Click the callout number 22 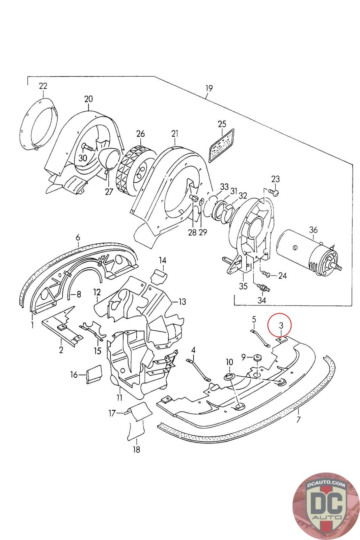tap(43, 86)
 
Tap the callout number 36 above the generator tap(313, 230)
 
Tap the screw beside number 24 tap(267, 274)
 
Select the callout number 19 tap(209, 88)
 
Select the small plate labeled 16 tap(94, 373)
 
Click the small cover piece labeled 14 tap(159, 276)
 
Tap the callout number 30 tap(82, 158)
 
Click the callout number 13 tap(182, 302)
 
